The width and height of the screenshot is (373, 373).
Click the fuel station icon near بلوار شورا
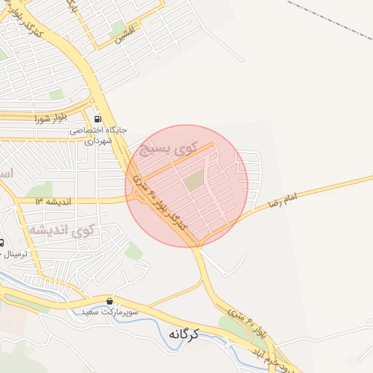97,118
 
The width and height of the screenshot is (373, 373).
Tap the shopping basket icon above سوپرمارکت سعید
110,301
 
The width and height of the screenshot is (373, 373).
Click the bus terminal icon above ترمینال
1,243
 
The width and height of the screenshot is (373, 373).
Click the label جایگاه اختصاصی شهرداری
99,135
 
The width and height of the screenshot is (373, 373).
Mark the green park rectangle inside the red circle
193,179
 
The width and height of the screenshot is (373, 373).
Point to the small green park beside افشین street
117,29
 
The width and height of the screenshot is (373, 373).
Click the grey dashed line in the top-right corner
328,17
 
